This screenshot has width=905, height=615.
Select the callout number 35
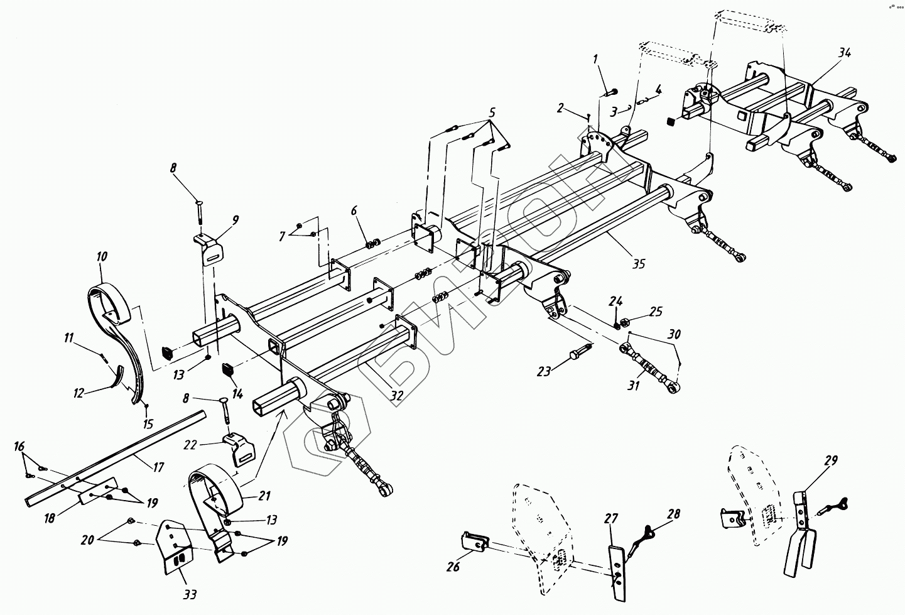coord(637,264)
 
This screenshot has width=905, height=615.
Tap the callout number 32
coord(397,395)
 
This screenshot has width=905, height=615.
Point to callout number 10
coord(101,256)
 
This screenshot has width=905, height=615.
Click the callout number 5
coord(492,113)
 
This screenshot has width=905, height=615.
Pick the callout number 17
coord(158,467)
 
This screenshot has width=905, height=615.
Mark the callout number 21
coord(264,496)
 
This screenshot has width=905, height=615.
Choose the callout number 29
coord(830,461)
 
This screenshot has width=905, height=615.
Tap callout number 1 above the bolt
coord(596,60)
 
